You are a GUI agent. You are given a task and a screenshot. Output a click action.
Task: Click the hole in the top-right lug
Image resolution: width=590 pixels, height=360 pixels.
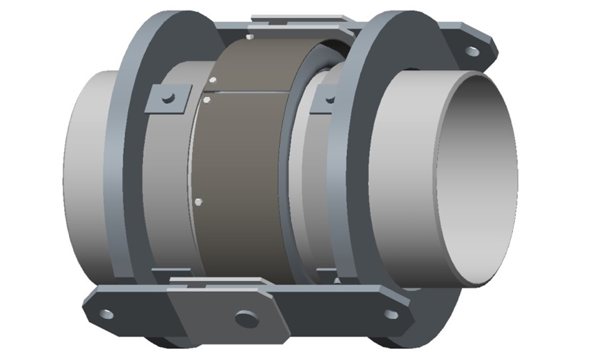[472, 51]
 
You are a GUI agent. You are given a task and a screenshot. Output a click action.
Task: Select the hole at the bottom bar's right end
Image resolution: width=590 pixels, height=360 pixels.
[390, 315]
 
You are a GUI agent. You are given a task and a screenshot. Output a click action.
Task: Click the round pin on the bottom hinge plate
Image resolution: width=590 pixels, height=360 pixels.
[244, 319]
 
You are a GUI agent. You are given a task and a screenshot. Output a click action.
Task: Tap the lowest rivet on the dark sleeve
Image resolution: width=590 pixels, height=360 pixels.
[198, 202]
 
